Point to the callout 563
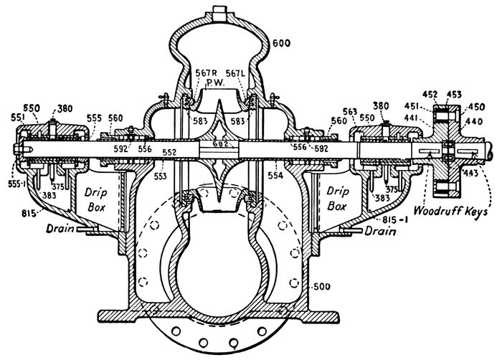point(349,110)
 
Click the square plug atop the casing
point(219,12)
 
